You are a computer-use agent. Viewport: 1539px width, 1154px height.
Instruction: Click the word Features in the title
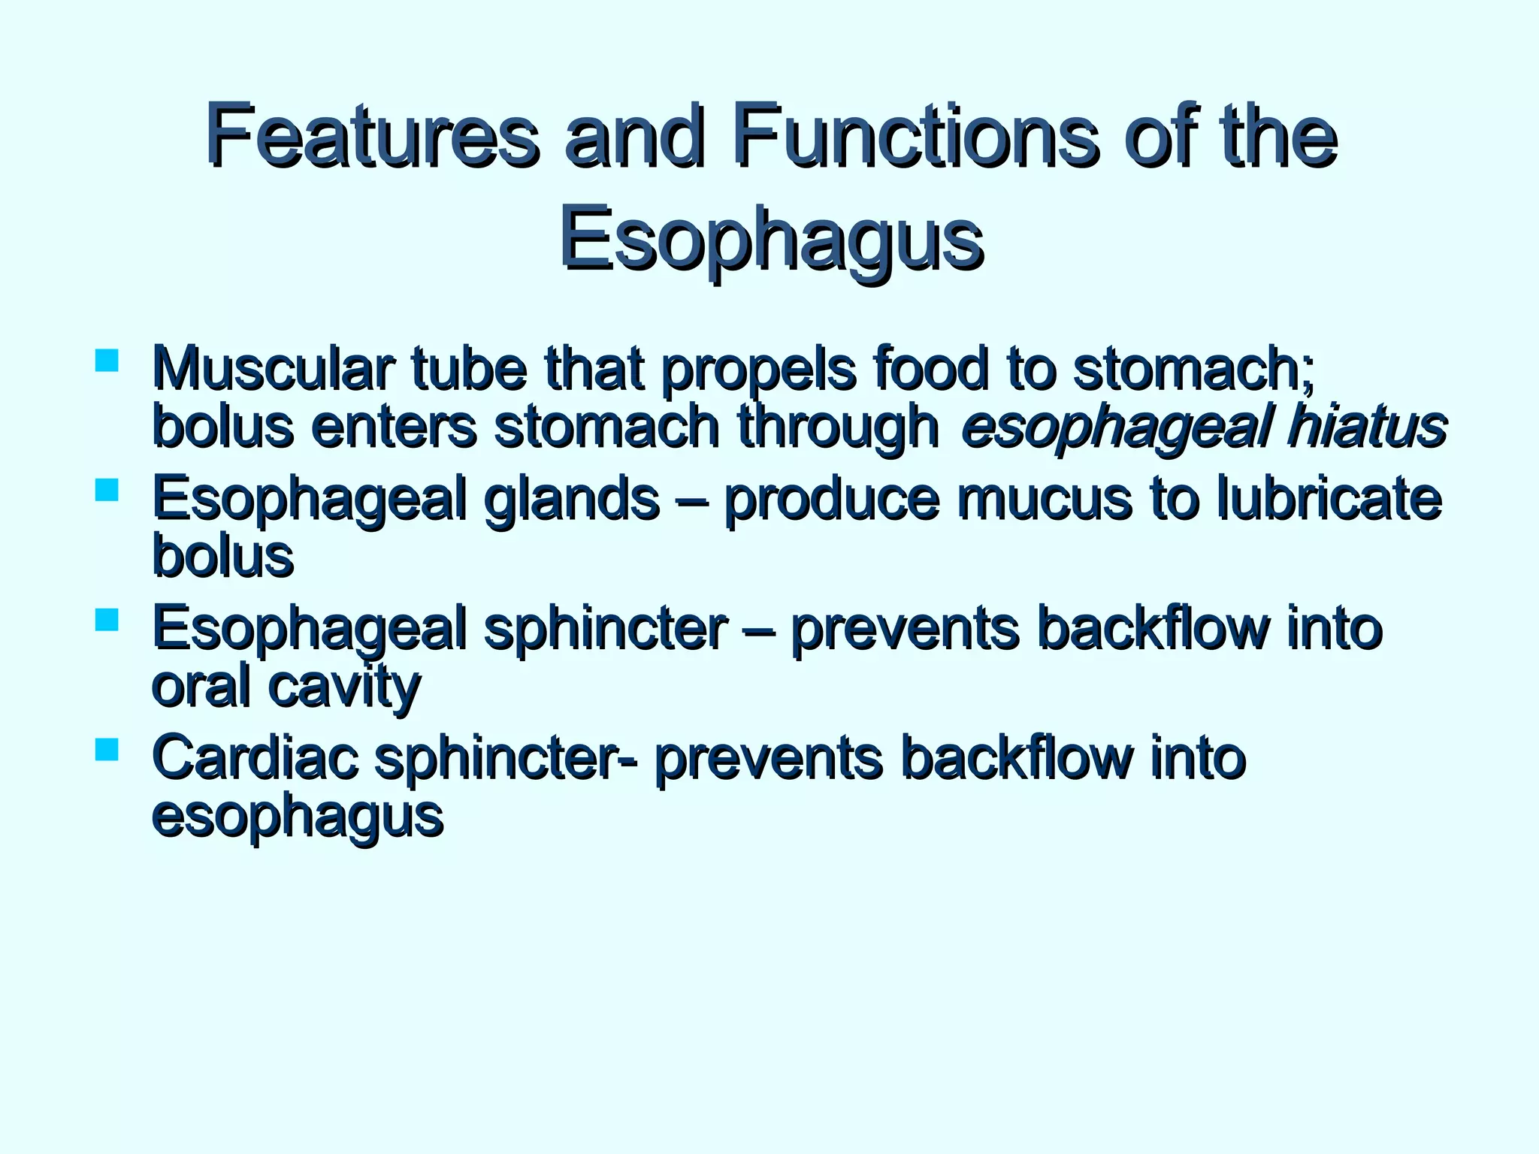tap(372, 137)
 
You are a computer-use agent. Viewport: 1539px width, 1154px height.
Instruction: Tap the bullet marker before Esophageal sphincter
tap(107, 620)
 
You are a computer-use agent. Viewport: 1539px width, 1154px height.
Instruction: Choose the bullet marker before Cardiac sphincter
tap(107, 750)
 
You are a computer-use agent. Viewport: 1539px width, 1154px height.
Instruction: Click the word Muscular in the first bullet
tap(271, 370)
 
